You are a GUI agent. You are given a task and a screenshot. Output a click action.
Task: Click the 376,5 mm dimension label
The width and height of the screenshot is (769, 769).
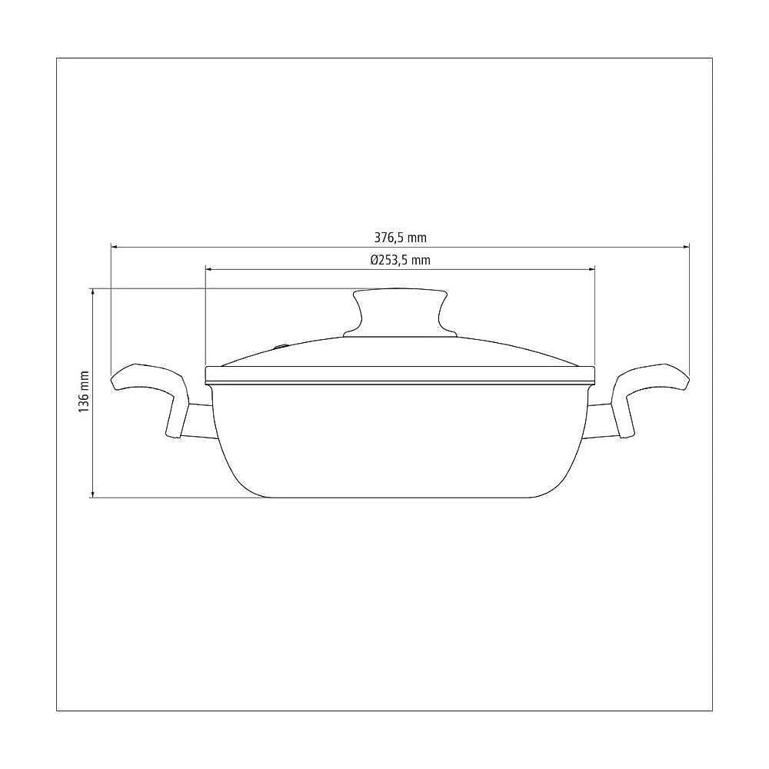coord(400,238)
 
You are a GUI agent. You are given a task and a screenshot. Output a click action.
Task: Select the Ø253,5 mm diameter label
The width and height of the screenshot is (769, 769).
coord(400,260)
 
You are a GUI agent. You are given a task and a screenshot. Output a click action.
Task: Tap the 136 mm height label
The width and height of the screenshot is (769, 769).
coord(84,391)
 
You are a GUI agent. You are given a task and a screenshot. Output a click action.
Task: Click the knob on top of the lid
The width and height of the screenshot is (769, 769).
coord(400,313)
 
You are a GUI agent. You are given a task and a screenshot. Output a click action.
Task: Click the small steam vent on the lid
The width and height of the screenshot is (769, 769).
coord(281,348)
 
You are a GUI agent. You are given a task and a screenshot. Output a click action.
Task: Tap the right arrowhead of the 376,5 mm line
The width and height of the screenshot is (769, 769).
coord(686,247)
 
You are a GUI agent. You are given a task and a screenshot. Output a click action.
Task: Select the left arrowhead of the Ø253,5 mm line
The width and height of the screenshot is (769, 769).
coord(209,269)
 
